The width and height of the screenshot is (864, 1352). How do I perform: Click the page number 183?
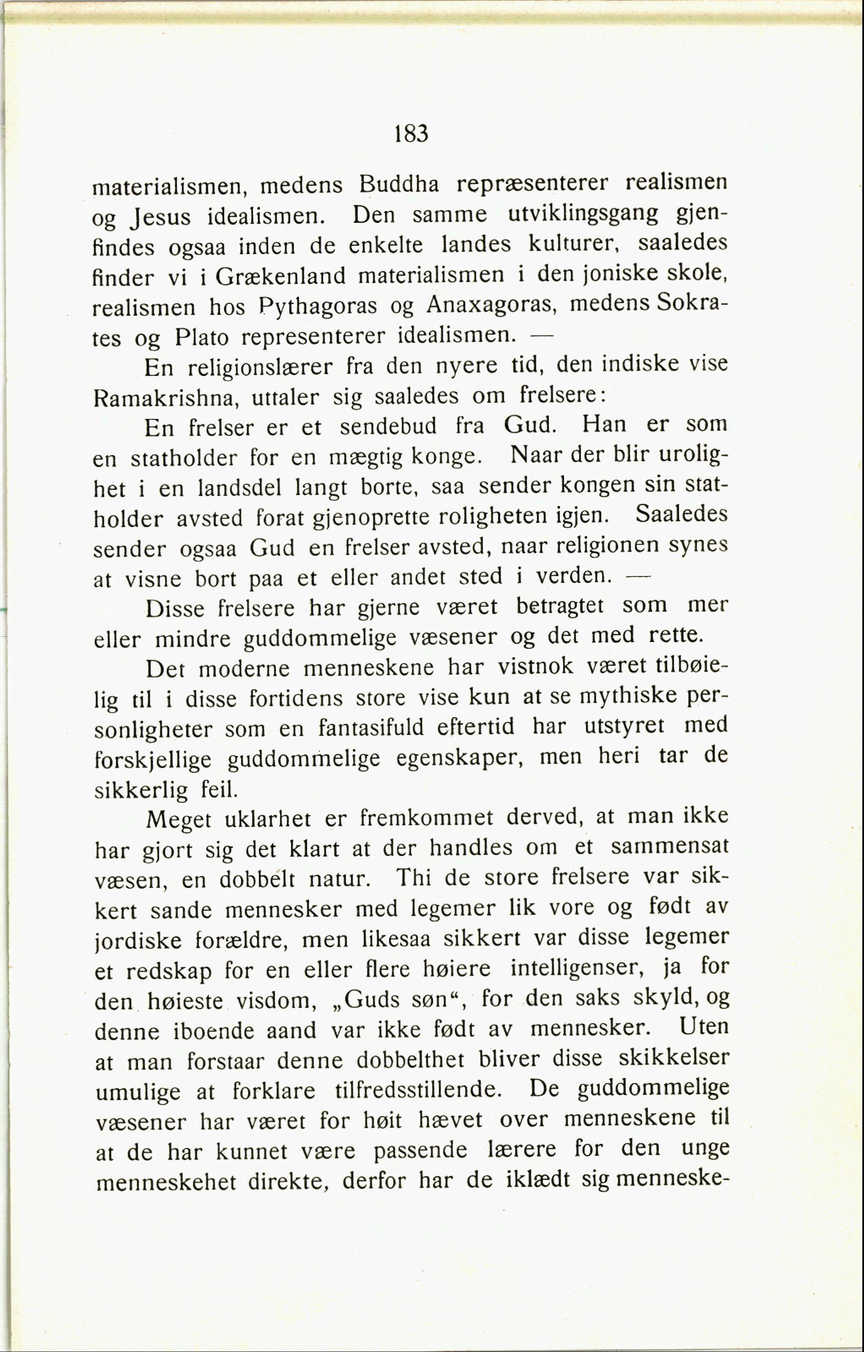coord(411,134)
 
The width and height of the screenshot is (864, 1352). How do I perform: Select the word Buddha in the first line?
coord(399,184)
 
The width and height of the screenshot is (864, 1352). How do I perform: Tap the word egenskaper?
coord(460,758)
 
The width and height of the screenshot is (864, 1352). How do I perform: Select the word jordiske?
coord(138,940)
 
